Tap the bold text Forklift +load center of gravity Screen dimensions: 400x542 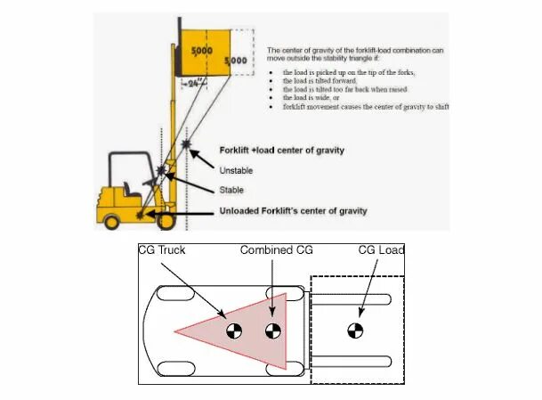281,150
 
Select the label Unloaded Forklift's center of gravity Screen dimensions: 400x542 293,211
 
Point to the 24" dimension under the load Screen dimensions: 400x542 192,83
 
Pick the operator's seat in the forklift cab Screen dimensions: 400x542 133,191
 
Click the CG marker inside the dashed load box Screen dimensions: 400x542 354,332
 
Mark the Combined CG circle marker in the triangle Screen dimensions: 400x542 273,332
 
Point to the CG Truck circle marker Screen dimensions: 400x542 233,332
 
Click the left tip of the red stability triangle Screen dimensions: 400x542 176,332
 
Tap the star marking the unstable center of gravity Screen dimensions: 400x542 186,143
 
